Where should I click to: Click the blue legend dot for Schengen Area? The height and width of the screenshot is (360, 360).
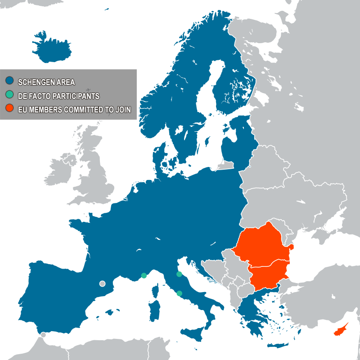(9, 81)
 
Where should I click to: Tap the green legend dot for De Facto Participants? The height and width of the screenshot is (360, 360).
(9, 95)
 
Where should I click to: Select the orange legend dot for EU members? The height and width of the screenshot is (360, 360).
(9, 108)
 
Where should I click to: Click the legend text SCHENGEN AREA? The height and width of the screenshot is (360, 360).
(46, 82)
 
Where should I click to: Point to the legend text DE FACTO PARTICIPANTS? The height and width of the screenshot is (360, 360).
(58, 96)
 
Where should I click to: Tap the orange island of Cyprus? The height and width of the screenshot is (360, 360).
(340, 331)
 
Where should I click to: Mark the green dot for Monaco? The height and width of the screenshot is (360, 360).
(144, 275)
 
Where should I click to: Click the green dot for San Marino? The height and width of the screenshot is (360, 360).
(179, 274)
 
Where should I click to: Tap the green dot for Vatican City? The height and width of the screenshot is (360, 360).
(180, 293)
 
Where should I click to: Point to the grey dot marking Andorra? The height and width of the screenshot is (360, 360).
(102, 283)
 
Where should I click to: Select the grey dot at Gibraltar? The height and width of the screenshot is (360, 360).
(43, 334)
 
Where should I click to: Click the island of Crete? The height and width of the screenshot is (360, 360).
(277, 346)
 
